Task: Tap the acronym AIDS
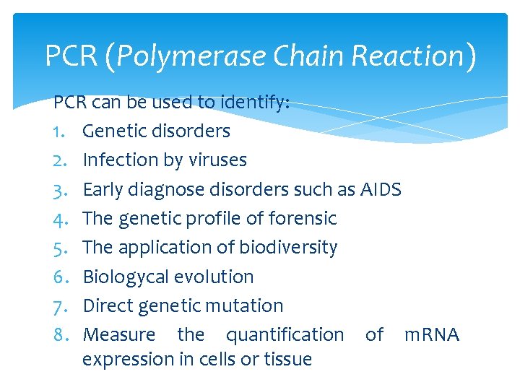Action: (381, 189)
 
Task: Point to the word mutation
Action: (249, 305)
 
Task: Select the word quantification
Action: (285, 335)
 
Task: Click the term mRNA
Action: (431, 335)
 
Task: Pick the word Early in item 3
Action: (103, 189)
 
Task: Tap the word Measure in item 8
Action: (119, 335)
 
